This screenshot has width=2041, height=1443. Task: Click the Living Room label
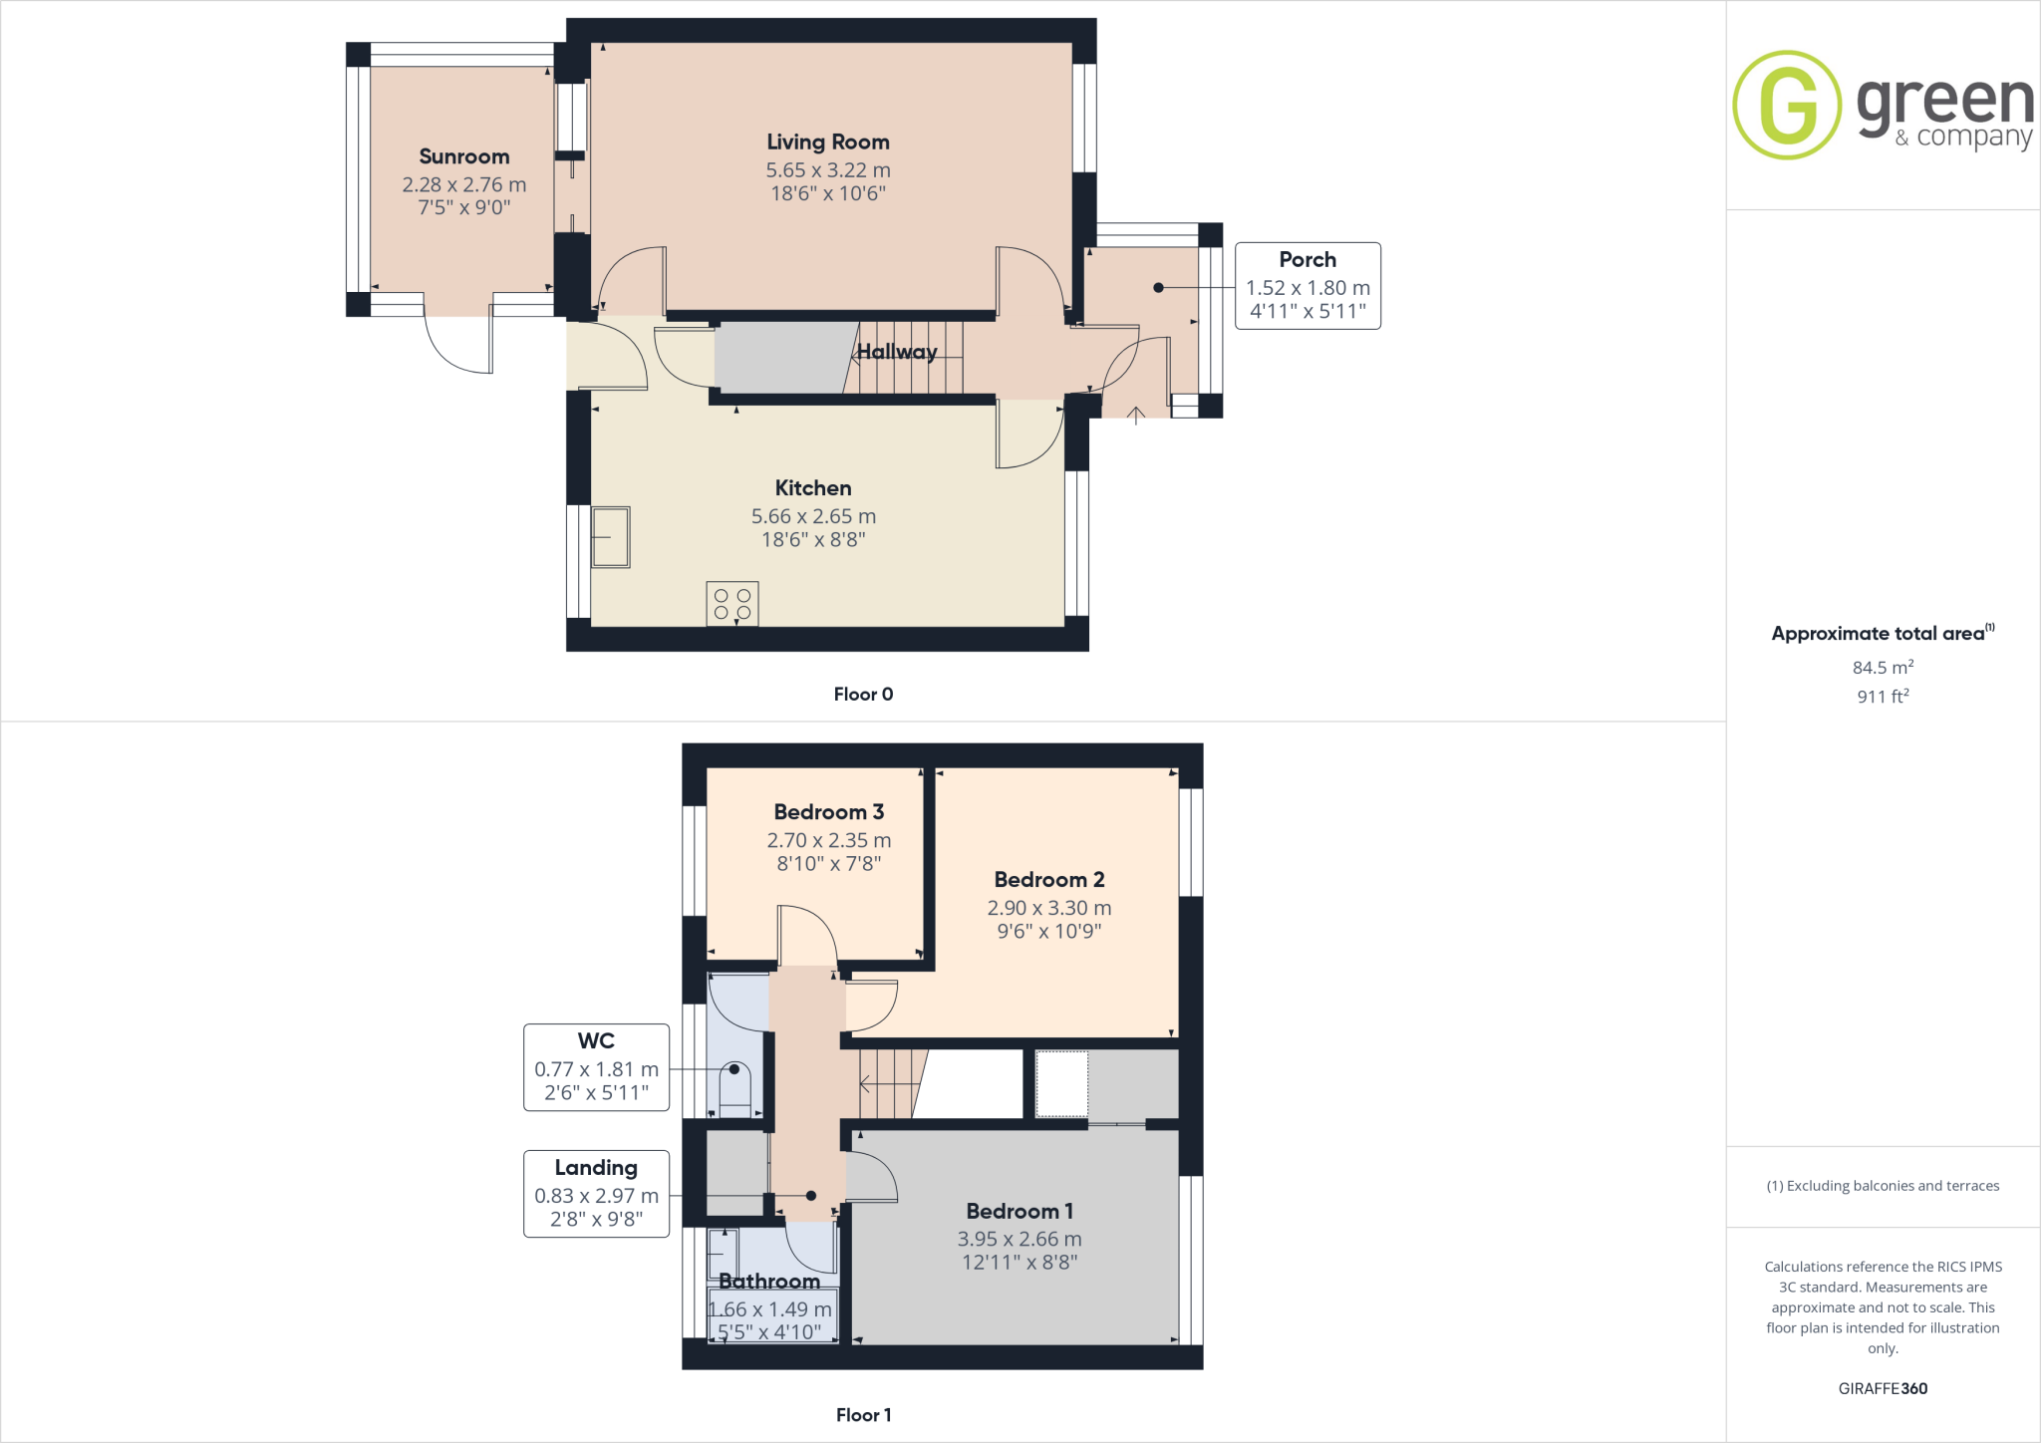827,143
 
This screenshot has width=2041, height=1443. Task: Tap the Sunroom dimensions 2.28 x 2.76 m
463,184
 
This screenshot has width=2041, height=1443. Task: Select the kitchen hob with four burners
732,604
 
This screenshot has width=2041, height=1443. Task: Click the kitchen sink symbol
611,537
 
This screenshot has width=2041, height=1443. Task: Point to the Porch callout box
1308,286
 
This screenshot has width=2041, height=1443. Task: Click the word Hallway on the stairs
896,352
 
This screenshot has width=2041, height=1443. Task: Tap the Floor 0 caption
863,695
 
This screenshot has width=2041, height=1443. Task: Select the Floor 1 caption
863,1415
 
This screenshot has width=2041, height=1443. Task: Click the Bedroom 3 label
828,812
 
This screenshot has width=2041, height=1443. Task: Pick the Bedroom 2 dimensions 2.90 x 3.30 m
1048,908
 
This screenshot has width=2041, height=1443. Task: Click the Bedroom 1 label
1019,1212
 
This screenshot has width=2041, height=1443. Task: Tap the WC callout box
596,1067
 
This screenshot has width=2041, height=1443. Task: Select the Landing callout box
596,1194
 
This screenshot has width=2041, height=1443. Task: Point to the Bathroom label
768,1282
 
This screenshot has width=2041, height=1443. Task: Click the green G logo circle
1787,105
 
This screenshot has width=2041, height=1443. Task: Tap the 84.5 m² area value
1882,668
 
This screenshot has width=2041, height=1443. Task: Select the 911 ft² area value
1882,697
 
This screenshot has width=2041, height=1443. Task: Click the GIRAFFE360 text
1882,1388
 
